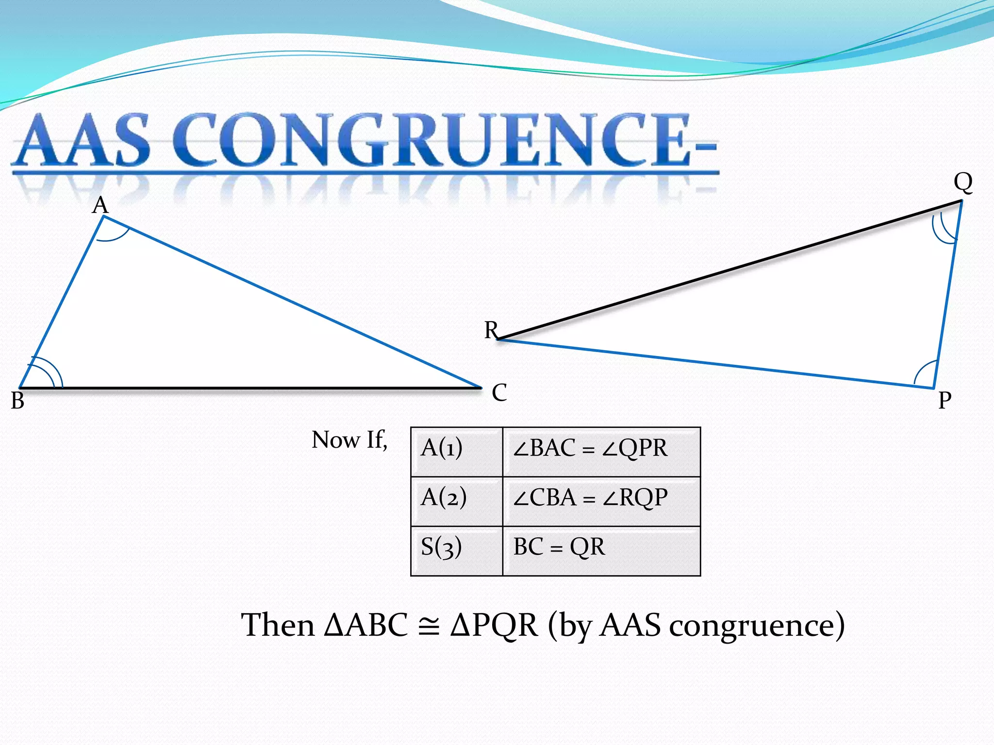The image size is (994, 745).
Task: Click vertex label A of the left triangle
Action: (x=100, y=205)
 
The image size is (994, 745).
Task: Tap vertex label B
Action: (x=17, y=401)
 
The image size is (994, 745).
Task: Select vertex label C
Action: (x=499, y=392)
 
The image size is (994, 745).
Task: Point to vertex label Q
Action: (x=963, y=182)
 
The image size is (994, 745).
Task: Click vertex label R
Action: (x=491, y=330)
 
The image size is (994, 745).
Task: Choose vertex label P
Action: (x=944, y=401)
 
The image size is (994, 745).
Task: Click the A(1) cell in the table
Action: (x=456, y=452)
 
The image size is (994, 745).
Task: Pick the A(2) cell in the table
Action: (x=456, y=502)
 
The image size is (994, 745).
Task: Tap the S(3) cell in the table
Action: (x=456, y=551)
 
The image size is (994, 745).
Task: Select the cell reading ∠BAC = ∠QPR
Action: (x=601, y=452)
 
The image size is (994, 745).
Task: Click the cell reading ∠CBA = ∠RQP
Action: (x=601, y=502)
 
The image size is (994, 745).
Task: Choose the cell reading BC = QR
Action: (x=601, y=551)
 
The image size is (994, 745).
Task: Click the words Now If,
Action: (x=349, y=440)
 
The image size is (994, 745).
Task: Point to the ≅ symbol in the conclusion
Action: (x=429, y=626)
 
